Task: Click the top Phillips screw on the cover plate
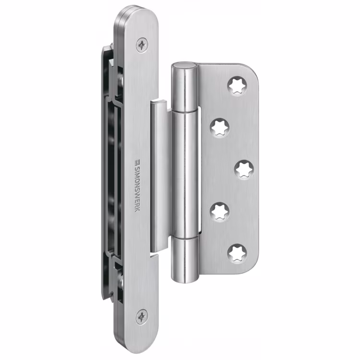(x=142, y=45)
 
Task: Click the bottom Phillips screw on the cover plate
(x=142, y=317)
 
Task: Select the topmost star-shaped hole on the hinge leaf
(x=237, y=86)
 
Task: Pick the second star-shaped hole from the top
(x=220, y=128)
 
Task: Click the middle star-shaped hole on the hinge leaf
(x=244, y=170)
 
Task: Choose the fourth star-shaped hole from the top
(x=220, y=212)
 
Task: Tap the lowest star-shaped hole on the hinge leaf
(x=237, y=253)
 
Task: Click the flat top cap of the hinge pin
(x=184, y=65)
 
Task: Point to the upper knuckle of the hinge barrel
(x=184, y=87)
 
